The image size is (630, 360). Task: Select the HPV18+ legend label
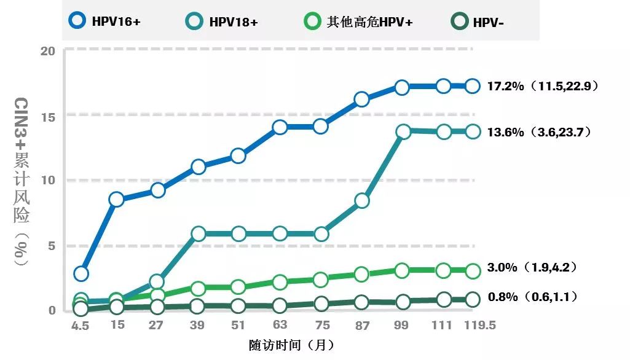point(234,22)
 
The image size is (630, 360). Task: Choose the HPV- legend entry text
point(489,23)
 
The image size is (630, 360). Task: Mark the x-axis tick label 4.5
point(80,326)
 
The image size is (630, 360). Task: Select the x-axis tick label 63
point(280,324)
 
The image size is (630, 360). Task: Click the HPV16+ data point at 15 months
point(116,199)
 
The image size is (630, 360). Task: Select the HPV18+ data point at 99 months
point(403,131)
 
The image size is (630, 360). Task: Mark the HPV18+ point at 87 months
point(362,201)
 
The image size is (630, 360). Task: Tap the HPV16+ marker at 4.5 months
point(81,273)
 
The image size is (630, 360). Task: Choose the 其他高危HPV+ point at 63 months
point(280,282)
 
